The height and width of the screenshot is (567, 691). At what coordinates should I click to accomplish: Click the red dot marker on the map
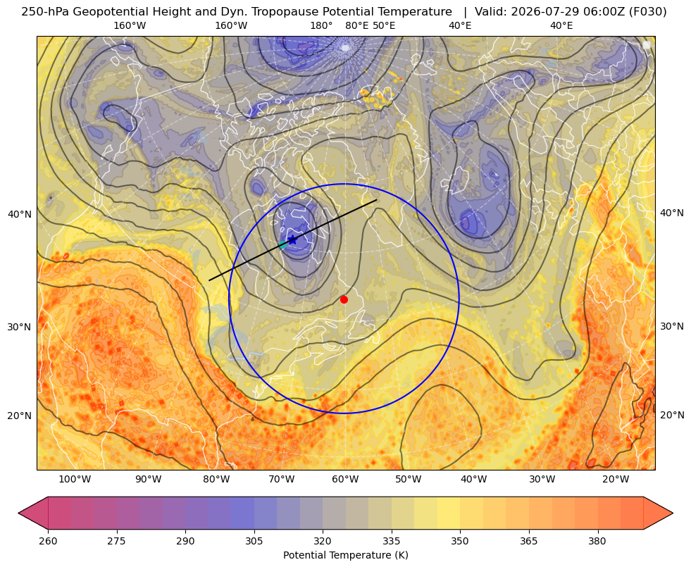[x=344, y=299]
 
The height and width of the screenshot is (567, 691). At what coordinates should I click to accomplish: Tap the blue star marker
[x=292, y=239]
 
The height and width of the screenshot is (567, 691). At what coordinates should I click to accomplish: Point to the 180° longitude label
[x=322, y=25]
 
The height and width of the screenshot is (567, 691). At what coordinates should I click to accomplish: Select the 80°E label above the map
[x=357, y=25]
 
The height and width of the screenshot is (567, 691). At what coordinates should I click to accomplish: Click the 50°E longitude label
[x=385, y=25]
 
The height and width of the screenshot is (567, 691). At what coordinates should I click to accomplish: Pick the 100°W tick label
[x=75, y=479]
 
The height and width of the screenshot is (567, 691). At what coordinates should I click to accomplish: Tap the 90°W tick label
[x=149, y=479]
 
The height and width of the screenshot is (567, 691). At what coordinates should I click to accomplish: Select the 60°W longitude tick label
[x=345, y=479]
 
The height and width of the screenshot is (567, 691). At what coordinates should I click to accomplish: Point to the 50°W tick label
[x=409, y=479]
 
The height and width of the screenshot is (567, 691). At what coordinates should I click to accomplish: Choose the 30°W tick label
[x=542, y=479]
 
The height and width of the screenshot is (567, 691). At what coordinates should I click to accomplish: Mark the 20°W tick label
[x=616, y=479]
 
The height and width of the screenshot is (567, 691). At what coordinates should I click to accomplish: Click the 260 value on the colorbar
[x=48, y=541]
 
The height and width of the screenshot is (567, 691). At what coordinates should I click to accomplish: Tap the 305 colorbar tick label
[x=254, y=541]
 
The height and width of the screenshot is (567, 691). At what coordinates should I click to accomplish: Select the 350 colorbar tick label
[x=460, y=541]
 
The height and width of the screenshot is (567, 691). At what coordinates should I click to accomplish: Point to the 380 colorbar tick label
[x=597, y=541]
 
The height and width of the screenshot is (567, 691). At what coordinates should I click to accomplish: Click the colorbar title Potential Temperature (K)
[x=345, y=555]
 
